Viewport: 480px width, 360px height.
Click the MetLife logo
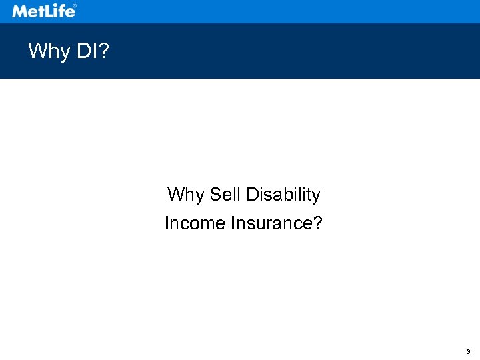coord(43,11)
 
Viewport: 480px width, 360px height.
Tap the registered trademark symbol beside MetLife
coord(74,7)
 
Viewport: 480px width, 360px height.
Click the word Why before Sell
coord(186,195)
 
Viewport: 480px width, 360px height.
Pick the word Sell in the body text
coord(225,195)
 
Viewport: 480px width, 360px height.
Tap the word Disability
coord(283,195)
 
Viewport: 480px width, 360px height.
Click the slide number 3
coord(468,351)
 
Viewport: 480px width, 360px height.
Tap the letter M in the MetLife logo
coord(20,11)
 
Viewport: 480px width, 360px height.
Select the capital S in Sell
coord(214,195)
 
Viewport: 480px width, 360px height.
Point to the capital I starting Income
coord(167,223)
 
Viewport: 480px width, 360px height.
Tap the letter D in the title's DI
coord(82,51)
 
